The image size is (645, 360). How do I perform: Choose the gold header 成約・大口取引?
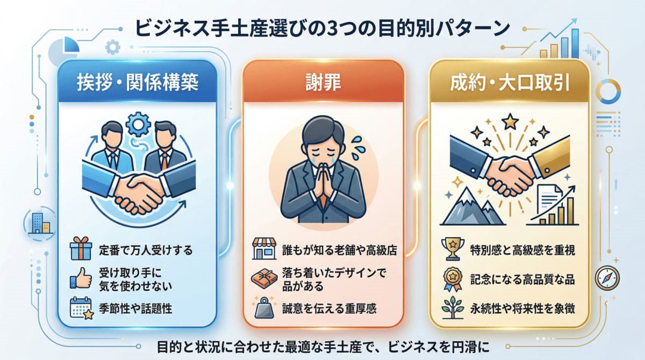(x=510, y=84)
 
